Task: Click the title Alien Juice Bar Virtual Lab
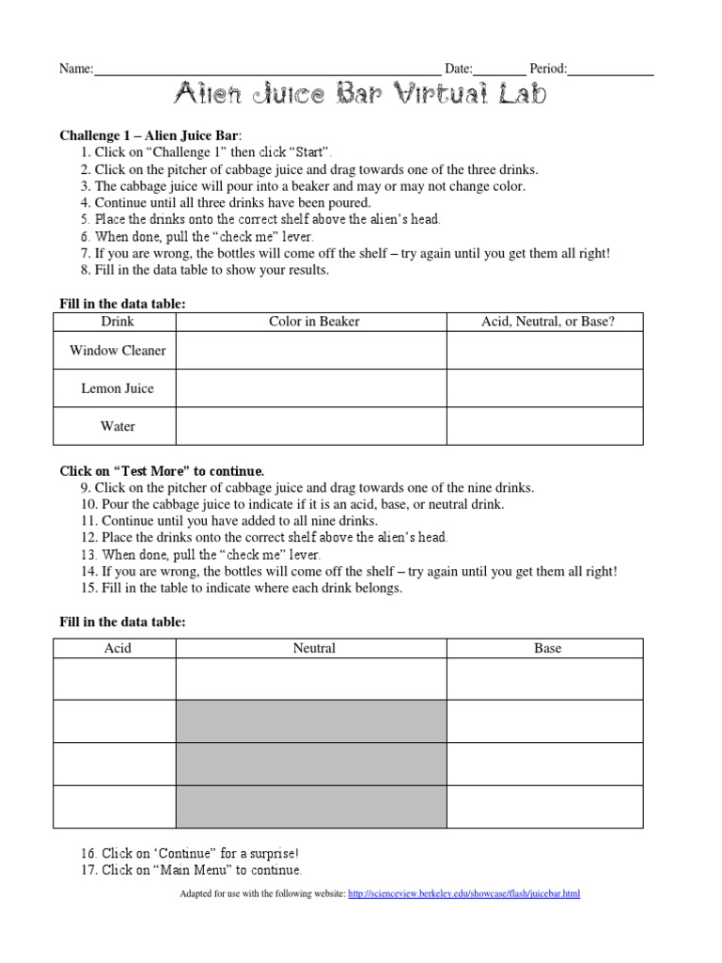[360, 95]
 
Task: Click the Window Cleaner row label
[118, 351]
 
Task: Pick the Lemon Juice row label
[118, 388]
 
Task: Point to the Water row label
[118, 426]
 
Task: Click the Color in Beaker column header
[314, 322]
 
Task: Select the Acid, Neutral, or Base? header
[547, 322]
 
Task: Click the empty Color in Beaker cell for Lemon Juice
[310, 388]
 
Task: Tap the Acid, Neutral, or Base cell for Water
[545, 426]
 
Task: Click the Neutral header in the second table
[314, 648]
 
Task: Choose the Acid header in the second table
[118, 648]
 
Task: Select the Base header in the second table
[547, 648]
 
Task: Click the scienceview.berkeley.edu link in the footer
[463, 893]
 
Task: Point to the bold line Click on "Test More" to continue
[162, 470]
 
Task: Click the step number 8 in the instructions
[86, 270]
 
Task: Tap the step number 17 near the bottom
[88, 870]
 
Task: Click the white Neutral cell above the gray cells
[310, 679]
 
